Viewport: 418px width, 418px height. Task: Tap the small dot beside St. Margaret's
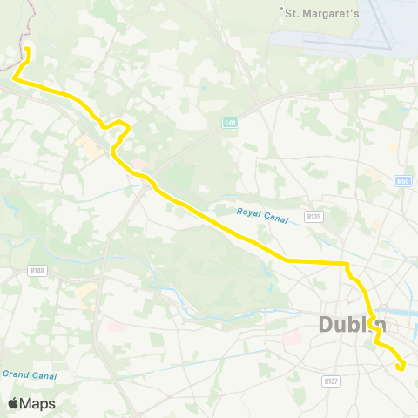(282, 11)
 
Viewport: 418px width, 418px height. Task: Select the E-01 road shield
(229, 123)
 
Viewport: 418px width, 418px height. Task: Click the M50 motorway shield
(401, 181)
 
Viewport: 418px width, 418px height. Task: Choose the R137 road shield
(330, 381)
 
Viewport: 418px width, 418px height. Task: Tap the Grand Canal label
(29, 375)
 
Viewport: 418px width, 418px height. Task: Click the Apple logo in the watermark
(13, 403)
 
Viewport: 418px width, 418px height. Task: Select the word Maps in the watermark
(37, 403)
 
